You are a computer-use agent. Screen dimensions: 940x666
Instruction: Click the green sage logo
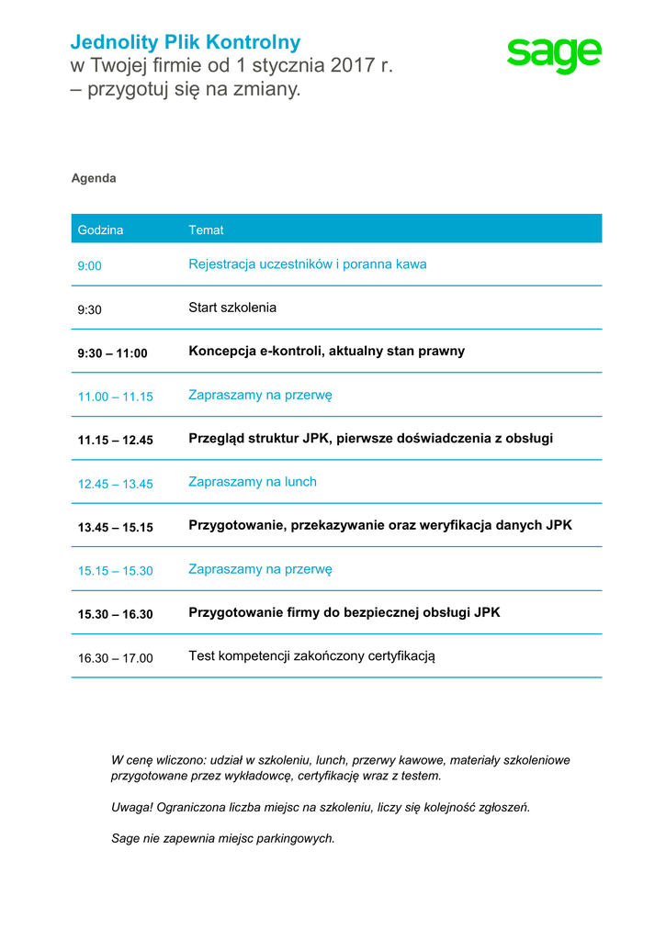tap(554, 56)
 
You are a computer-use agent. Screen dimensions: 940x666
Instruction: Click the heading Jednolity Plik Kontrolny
tap(186, 42)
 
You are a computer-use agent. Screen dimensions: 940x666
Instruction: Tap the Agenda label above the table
tap(94, 178)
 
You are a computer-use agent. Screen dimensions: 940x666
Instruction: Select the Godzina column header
tap(100, 229)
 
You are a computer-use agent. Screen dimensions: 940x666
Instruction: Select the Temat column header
tap(206, 229)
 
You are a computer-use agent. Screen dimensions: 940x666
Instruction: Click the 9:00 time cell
tap(89, 265)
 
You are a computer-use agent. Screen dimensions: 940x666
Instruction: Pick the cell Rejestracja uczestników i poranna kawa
tap(307, 264)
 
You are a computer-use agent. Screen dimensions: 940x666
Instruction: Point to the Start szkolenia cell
tap(232, 308)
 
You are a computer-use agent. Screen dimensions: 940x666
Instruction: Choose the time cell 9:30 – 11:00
tap(112, 352)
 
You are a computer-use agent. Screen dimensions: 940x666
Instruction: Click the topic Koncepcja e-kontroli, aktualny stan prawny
tap(326, 351)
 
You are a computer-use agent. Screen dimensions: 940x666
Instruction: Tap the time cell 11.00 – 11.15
tap(115, 397)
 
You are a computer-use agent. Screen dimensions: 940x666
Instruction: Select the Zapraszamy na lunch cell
tap(253, 482)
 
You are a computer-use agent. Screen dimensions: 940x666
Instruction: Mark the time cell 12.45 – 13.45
tap(115, 484)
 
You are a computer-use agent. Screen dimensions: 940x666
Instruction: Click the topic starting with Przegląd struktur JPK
tap(370, 438)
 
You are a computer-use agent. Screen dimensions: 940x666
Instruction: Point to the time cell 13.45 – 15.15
tap(115, 527)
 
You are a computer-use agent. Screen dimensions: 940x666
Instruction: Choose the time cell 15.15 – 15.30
tap(115, 570)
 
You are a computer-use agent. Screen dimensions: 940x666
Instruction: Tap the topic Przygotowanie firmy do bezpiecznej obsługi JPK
tap(344, 612)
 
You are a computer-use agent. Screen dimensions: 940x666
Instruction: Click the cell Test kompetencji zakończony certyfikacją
tap(311, 656)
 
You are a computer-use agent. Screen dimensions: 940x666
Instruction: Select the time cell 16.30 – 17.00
tap(115, 657)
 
